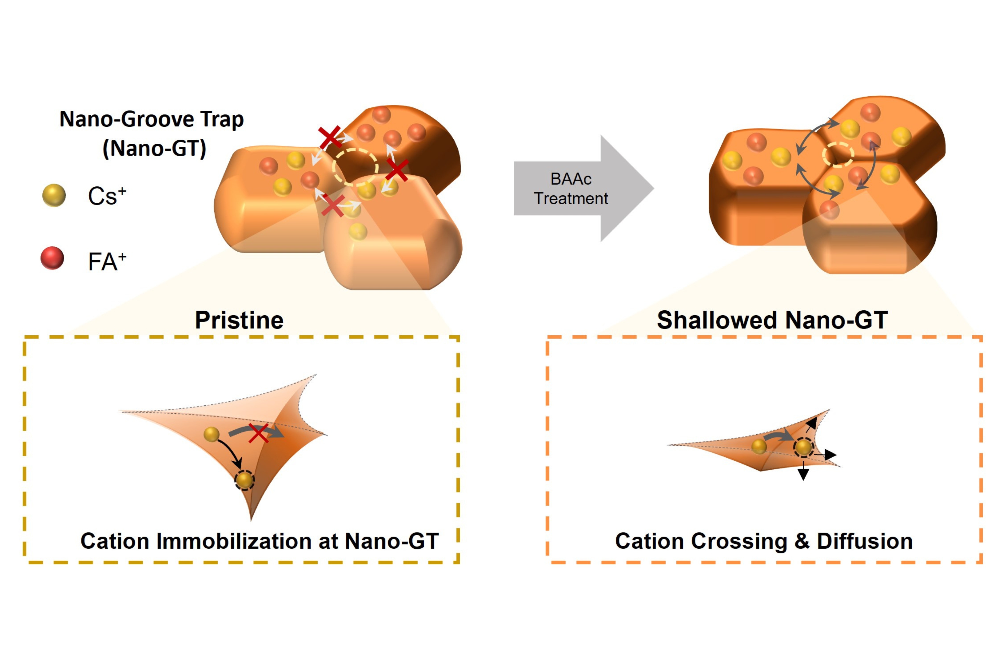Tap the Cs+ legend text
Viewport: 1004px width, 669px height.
pos(107,196)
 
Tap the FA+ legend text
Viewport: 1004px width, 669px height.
pos(107,261)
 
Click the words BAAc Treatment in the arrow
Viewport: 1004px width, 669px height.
pos(571,189)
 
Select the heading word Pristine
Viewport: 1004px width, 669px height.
pos(239,320)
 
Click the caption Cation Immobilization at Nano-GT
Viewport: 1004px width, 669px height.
pos(259,541)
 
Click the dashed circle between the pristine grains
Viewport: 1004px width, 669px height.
pos(355,167)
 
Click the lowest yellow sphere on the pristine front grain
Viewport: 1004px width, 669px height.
pos(358,232)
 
